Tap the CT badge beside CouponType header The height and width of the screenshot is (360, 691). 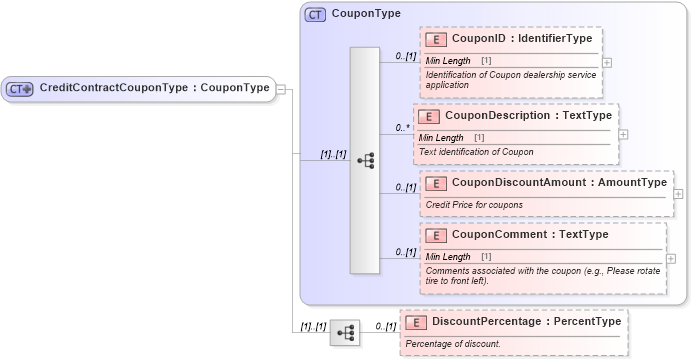pos(315,14)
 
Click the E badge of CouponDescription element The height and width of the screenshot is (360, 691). pos(428,116)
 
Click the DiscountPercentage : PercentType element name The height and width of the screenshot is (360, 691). pos(514,321)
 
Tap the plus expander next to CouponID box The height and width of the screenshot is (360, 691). pos(607,61)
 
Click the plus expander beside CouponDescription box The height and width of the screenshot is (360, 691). pos(623,133)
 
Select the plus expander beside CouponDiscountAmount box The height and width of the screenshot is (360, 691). pos(678,194)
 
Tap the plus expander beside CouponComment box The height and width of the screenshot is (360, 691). pos(670,258)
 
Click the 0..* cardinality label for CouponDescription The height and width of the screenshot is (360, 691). pos(403,128)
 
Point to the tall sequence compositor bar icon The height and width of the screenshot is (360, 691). pos(364,159)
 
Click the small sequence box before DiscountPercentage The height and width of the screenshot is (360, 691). pos(345,333)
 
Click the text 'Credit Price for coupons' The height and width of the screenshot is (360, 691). pos(474,205)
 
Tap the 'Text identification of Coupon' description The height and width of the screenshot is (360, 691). pos(476,152)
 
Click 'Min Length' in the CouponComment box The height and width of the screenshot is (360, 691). pos(448,257)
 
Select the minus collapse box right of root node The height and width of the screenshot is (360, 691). pos(282,89)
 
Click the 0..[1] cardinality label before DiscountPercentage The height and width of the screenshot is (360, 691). pos(385,327)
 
